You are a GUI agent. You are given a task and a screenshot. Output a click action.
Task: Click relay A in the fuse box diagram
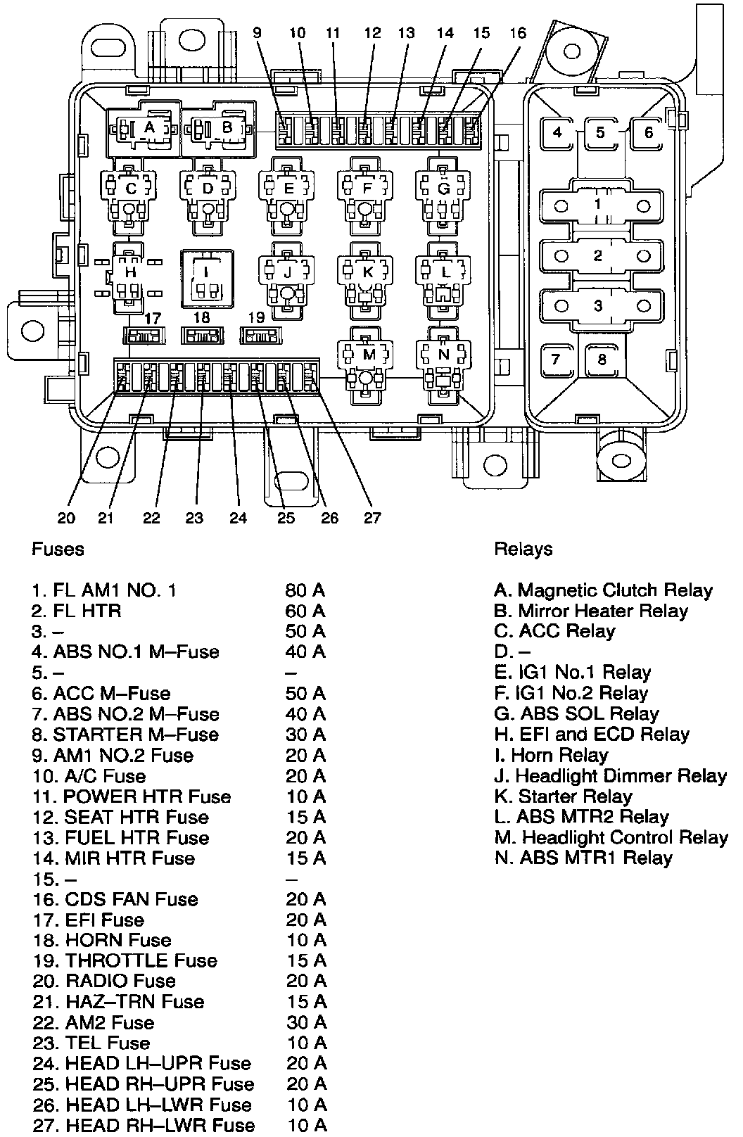(148, 129)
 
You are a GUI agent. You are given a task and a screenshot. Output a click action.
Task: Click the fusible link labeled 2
(598, 256)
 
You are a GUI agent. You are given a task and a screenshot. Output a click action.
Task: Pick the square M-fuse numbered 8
(602, 360)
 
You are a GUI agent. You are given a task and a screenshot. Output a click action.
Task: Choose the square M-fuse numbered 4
(558, 132)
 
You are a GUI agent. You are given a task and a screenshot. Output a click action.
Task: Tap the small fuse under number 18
(203, 336)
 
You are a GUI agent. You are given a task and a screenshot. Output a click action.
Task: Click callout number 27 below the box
(372, 518)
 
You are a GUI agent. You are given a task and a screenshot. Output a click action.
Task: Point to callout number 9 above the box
(258, 32)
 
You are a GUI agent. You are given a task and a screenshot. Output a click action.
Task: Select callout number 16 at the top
(518, 32)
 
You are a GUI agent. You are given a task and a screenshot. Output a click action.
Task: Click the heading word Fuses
(58, 549)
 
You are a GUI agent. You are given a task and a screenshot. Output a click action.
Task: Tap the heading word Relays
(523, 549)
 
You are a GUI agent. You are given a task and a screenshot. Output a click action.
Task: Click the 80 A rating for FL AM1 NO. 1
(305, 590)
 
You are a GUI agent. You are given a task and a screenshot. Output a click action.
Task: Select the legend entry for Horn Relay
(552, 755)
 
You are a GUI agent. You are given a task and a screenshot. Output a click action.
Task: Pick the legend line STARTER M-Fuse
(125, 735)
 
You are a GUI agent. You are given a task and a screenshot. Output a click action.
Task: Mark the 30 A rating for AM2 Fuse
(306, 1022)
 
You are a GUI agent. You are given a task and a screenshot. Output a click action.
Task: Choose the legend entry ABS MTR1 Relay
(584, 858)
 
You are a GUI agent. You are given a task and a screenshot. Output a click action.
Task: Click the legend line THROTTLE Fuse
(125, 960)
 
